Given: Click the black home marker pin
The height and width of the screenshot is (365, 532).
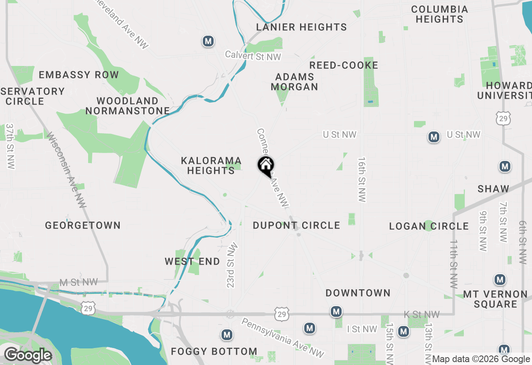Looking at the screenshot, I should click(x=266, y=166).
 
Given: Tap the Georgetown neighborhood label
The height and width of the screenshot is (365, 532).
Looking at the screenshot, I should click(x=83, y=226).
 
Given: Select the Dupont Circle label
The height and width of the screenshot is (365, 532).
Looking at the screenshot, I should click(x=296, y=226).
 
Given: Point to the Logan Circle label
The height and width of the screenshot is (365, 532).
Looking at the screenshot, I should click(x=429, y=226).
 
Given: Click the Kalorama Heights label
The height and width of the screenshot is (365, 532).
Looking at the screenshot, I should click(x=211, y=165).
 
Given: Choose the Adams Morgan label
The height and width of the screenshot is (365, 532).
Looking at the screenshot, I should click(x=295, y=82).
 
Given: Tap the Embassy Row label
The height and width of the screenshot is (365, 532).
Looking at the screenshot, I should click(x=79, y=75).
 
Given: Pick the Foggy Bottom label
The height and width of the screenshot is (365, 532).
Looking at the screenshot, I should click(x=214, y=352).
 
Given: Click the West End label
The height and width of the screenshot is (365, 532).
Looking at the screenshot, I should click(x=192, y=262).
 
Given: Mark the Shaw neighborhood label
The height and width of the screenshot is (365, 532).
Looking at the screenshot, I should click(x=493, y=189).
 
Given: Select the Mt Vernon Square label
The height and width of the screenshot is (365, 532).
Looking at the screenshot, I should click(x=495, y=299).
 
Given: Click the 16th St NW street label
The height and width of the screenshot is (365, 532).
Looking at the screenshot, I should click(x=362, y=180).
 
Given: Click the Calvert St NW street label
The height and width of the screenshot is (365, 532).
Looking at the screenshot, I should click(x=253, y=56).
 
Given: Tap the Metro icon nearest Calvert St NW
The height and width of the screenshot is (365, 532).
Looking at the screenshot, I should click(x=208, y=41).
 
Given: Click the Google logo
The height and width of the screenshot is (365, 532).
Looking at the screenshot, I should click(x=28, y=355).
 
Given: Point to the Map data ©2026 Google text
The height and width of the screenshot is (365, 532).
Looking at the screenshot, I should click(x=481, y=359).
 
